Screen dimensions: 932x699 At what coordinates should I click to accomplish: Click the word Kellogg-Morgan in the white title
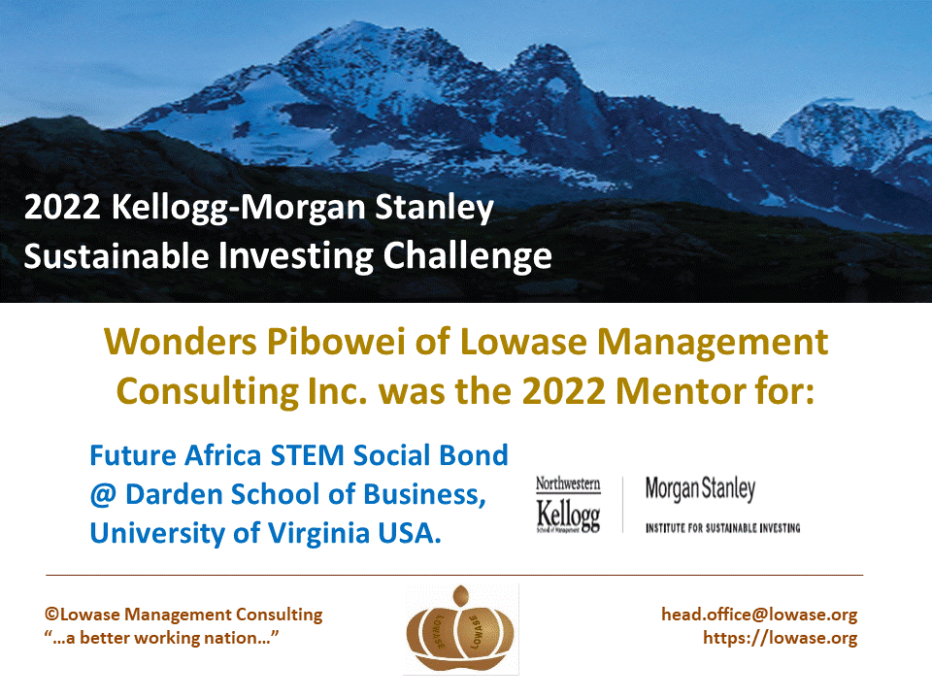click(239, 208)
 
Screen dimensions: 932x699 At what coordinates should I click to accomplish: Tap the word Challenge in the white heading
click(467, 256)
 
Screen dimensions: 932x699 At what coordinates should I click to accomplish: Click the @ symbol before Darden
click(104, 494)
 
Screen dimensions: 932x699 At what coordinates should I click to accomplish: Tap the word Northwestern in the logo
click(568, 483)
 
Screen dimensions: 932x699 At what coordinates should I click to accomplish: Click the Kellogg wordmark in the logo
click(568, 515)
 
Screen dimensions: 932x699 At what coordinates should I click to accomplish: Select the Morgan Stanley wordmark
click(700, 489)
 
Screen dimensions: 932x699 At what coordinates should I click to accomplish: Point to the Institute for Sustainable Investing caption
click(722, 528)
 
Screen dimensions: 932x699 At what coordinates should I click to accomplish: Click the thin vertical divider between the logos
click(623, 504)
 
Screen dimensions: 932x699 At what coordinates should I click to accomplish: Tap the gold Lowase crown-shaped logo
click(460, 629)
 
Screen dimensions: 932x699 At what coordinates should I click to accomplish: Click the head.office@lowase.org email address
click(759, 614)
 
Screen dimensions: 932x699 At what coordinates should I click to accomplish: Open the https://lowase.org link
click(780, 638)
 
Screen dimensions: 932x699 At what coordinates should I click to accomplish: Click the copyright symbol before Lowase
click(52, 614)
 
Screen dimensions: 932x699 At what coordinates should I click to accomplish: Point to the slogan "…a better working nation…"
click(161, 638)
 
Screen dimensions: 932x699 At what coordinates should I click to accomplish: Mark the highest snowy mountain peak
click(356, 25)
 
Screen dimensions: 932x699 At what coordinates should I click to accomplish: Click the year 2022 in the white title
click(62, 208)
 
